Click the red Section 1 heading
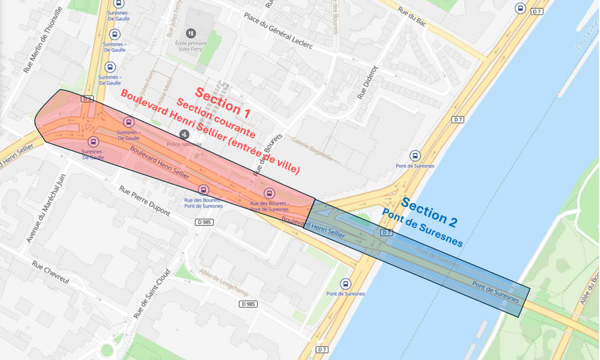pos(222,102)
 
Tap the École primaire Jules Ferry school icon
pos(191,34)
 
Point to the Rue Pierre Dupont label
pos(144,200)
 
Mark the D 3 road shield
pos(86,98)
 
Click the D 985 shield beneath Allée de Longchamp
pos(249,304)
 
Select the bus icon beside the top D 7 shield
pos(520,9)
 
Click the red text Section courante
pos(216,118)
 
